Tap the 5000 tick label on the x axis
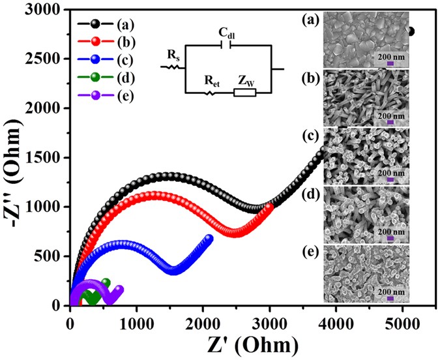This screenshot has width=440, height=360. pyautogui.click(x=402, y=320)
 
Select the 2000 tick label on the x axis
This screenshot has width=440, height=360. pyautogui.click(x=203, y=320)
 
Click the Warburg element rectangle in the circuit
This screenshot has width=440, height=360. pyautogui.click(x=244, y=93)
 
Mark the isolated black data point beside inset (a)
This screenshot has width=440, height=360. pyautogui.click(x=410, y=31)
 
